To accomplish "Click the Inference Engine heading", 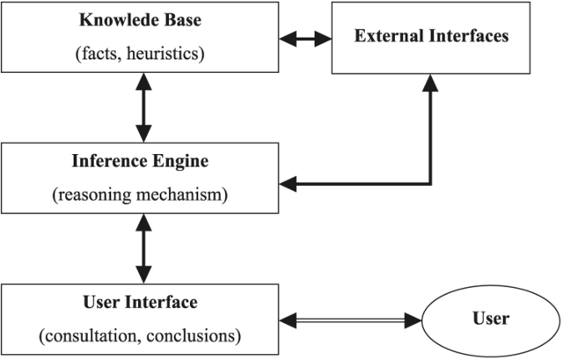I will [141, 162].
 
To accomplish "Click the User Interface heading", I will [141, 302].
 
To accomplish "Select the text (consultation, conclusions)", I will [141, 334].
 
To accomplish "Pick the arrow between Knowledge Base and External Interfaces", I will [305, 38].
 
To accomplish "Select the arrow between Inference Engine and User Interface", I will [141, 249].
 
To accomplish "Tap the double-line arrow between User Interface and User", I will [353, 317].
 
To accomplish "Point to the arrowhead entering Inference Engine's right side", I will [287, 184].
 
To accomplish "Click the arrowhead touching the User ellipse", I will [419, 317].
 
